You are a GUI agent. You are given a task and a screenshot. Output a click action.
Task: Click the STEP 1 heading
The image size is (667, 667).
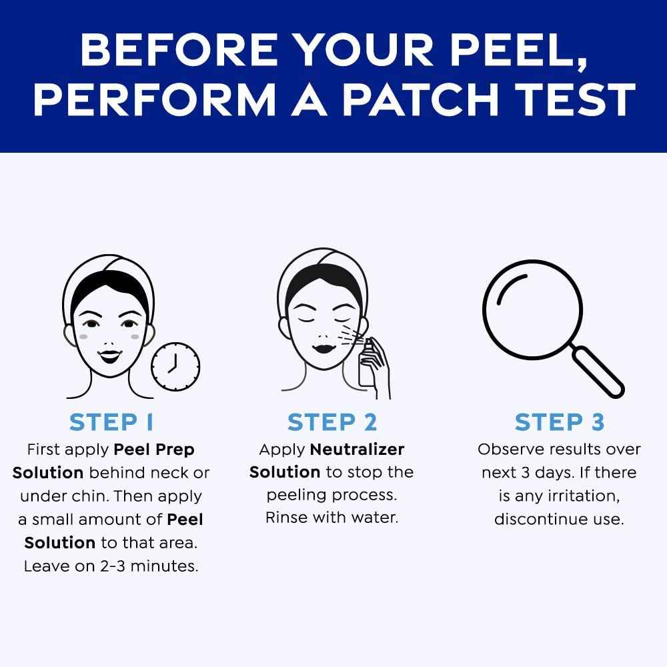pyautogui.click(x=111, y=422)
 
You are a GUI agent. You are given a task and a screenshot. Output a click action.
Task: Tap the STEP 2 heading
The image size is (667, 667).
pyautogui.click(x=332, y=422)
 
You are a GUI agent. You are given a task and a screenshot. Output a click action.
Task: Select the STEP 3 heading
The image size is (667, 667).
pyautogui.click(x=559, y=422)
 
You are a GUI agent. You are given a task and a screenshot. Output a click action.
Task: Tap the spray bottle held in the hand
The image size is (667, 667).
pyautogui.click(x=366, y=368)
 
